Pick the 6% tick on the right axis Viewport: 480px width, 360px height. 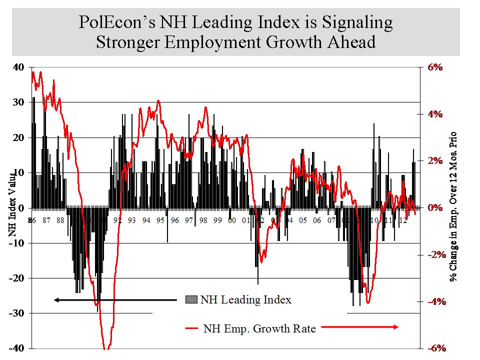(x=434, y=67)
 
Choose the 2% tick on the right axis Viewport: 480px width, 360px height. (x=434, y=161)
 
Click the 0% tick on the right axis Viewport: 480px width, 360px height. (x=434, y=207)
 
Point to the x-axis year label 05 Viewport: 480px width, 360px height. (x=303, y=220)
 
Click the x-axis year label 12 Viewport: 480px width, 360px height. (x=403, y=220)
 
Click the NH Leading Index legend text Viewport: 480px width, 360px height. (x=245, y=300)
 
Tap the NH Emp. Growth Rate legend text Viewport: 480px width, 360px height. (x=259, y=329)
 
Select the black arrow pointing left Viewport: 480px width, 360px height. (x=115, y=300)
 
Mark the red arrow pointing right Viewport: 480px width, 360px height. (x=359, y=327)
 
